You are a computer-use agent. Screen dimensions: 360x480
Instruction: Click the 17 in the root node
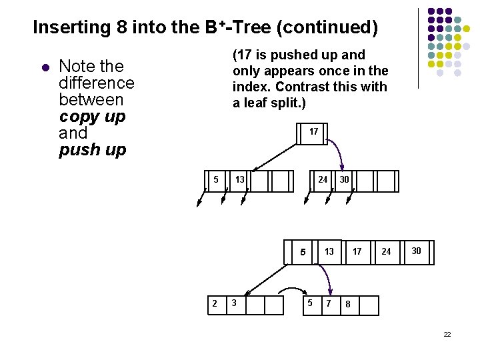coord(313,132)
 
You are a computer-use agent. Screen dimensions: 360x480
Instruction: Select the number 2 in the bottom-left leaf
coord(214,304)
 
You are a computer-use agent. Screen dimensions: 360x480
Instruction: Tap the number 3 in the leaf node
coord(233,304)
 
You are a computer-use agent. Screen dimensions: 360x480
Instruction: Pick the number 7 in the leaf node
coord(328,304)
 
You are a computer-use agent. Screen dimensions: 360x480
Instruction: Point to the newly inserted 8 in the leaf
coord(347,305)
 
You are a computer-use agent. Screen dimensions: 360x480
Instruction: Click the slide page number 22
coord(447,333)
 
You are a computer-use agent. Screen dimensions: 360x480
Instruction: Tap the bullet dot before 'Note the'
coord(45,67)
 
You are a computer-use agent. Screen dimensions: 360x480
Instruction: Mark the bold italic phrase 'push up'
coord(92,150)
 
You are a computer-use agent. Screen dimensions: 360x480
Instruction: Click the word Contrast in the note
coord(299,87)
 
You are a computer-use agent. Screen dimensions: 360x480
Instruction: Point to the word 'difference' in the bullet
coord(97,83)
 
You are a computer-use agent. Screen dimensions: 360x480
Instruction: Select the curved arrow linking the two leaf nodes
coord(291,290)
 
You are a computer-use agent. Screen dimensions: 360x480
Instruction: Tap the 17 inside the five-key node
coord(357,252)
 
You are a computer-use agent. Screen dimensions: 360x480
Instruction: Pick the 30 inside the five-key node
coord(416,251)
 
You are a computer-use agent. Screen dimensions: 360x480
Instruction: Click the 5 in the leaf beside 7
coord(309,304)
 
